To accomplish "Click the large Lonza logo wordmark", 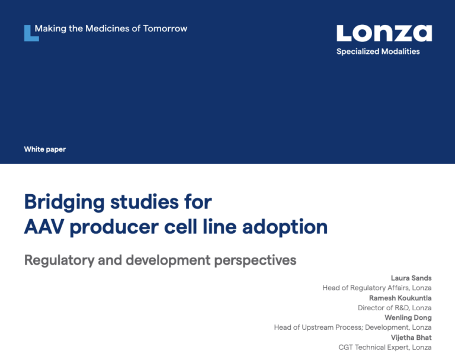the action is (x=384, y=33).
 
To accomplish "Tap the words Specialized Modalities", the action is (x=378, y=52).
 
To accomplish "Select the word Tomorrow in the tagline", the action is (x=165, y=28).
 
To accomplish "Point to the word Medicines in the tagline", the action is (x=107, y=28).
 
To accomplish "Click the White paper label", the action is (x=45, y=149).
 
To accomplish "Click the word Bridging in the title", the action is (x=64, y=202).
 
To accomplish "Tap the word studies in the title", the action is (x=145, y=202).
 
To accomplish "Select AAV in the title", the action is (x=44, y=227).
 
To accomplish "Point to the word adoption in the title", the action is (x=285, y=227).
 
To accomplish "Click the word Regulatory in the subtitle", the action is (x=59, y=260).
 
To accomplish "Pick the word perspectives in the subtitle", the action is (x=255, y=260).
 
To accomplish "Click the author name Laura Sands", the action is (x=411, y=278).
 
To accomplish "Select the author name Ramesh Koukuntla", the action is (x=400, y=298).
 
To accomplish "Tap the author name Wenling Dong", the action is (x=408, y=317).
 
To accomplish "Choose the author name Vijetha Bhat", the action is (x=411, y=337).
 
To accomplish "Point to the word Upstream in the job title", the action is (x=318, y=327).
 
